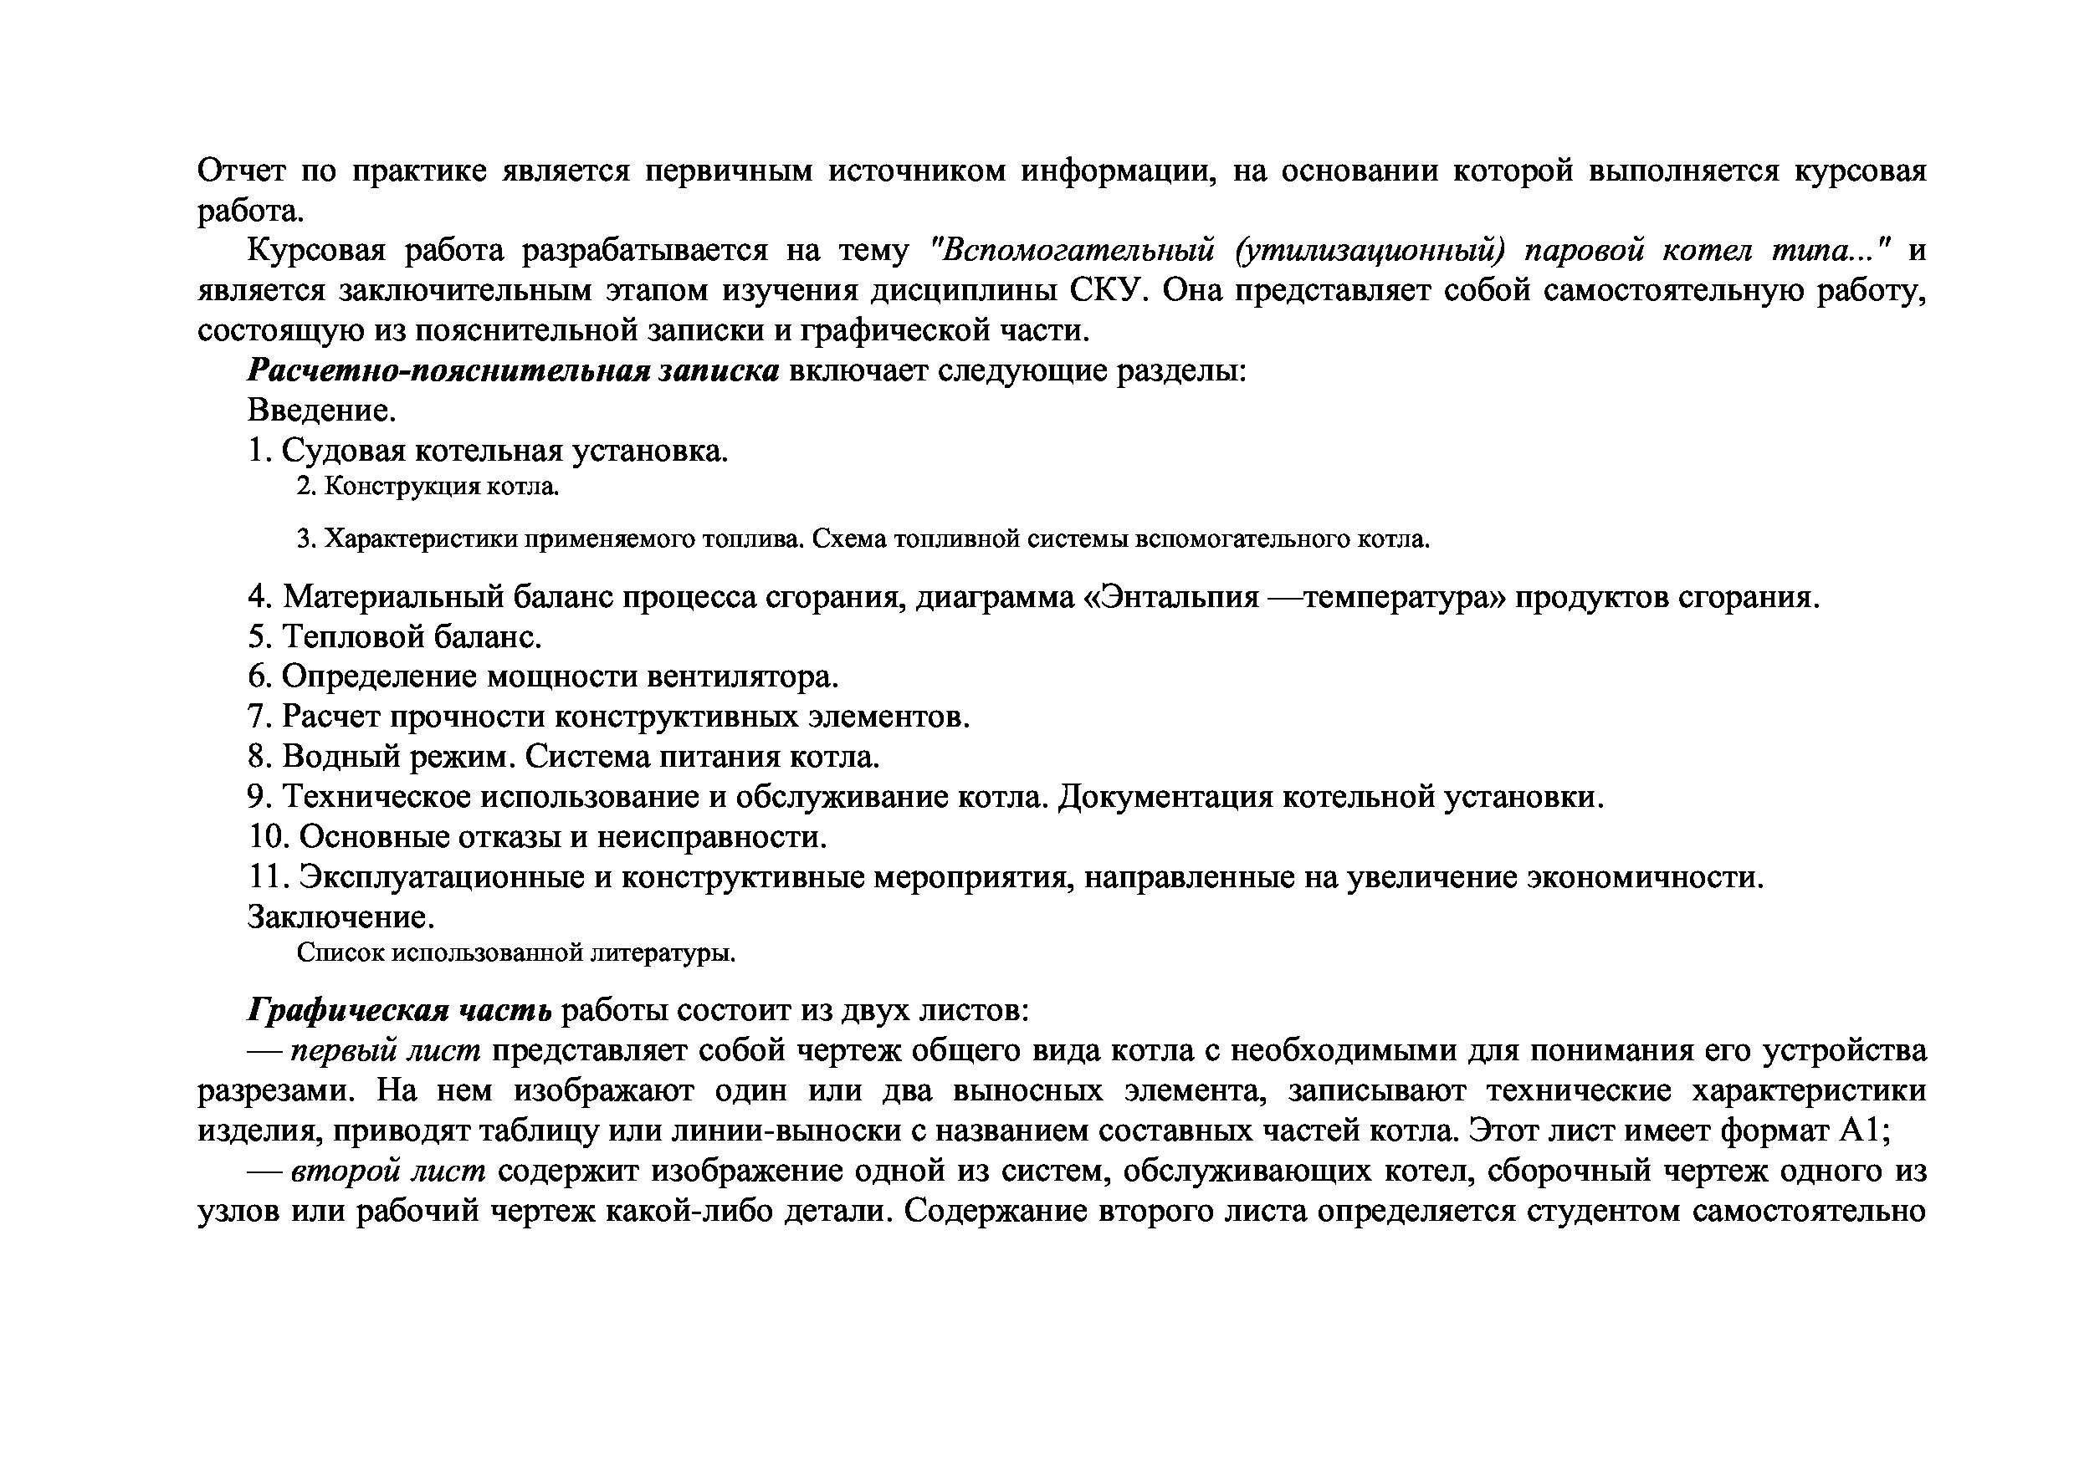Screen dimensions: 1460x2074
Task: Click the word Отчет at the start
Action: (x=239, y=170)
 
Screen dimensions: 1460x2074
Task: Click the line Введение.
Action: (x=321, y=411)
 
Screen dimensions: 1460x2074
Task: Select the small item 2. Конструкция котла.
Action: (x=428, y=487)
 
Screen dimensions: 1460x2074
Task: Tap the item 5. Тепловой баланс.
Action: (x=395, y=637)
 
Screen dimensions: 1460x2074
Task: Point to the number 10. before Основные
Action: (x=269, y=837)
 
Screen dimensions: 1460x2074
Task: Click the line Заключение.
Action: (x=341, y=917)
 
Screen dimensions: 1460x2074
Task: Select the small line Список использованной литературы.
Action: (x=516, y=953)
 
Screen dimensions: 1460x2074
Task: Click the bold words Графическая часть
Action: (x=399, y=1010)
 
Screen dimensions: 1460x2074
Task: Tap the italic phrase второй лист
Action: (x=388, y=1171)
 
